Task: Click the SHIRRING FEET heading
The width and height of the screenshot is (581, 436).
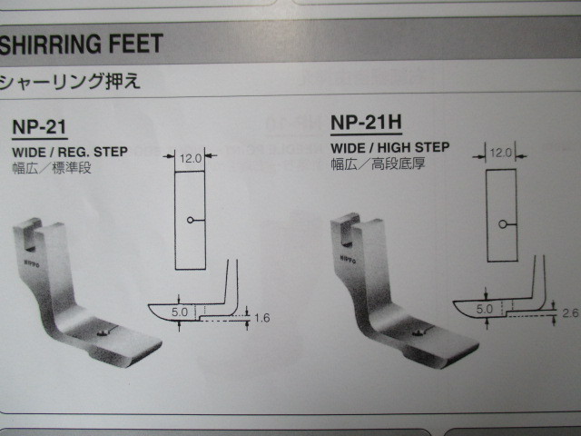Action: pos(81,44)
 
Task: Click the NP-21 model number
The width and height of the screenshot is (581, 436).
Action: pos(39,127)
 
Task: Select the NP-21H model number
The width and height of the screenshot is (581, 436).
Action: pos(366,123)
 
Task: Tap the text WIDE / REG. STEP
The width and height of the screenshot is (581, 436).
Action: pos(70,152)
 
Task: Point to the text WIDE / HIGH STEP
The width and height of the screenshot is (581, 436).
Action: pos(389,147)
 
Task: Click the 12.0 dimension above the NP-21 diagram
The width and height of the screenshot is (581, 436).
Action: pos(191,159)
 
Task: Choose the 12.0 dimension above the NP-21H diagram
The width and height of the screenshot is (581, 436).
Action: pos(500,153)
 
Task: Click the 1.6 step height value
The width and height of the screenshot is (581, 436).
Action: pos(262,318)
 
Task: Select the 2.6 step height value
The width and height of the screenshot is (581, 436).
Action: pos(570,313)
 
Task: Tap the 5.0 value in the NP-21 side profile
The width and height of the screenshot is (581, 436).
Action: pos(180,312)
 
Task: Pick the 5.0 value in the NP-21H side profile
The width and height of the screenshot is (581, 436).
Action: pos(484,309)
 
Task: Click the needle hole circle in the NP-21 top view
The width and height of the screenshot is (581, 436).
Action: pos(190,220)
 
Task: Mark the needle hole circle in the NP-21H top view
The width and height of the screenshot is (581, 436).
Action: pos(502,224)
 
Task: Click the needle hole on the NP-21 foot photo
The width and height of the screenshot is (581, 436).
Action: pos(103,333)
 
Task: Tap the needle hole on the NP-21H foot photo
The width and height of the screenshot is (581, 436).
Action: pos(419,333)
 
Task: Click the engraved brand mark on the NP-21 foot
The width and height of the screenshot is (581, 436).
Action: pos(32,263)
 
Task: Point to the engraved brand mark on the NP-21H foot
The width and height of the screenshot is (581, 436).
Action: pos(348,259)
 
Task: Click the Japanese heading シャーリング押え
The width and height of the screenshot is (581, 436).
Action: pos(71,81)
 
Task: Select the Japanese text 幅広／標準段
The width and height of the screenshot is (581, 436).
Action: pos(52,168)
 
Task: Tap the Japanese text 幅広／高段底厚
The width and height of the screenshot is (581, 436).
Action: pos(378,163)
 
